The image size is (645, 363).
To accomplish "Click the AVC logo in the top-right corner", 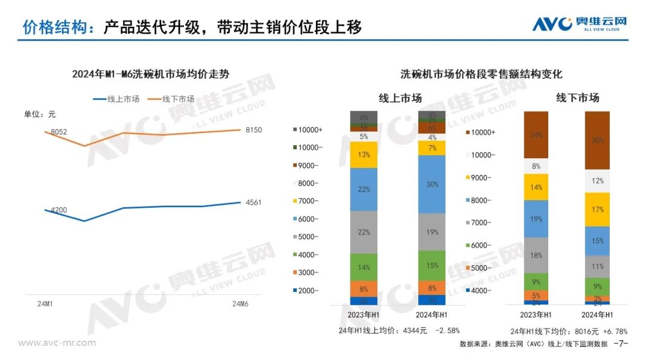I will point(579,24).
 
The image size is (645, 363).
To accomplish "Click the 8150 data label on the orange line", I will point(253,130).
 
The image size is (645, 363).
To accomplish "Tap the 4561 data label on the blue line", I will point(253,202).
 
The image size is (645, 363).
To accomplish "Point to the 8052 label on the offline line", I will point(59,131).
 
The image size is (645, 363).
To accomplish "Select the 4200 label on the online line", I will point(59,210).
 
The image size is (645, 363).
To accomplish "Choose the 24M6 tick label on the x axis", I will point(241,304).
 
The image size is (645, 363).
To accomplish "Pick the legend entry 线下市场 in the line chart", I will point(178,99).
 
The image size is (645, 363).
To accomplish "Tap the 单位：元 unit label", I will point(39,114).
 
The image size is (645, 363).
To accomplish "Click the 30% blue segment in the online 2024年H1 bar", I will point(432,184).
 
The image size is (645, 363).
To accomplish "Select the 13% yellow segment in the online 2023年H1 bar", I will point(364,155).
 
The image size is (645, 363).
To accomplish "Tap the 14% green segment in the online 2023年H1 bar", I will point(364,267).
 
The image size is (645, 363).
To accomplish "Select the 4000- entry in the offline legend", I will point(481,291).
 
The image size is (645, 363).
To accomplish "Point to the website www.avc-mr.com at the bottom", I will point(57,343).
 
